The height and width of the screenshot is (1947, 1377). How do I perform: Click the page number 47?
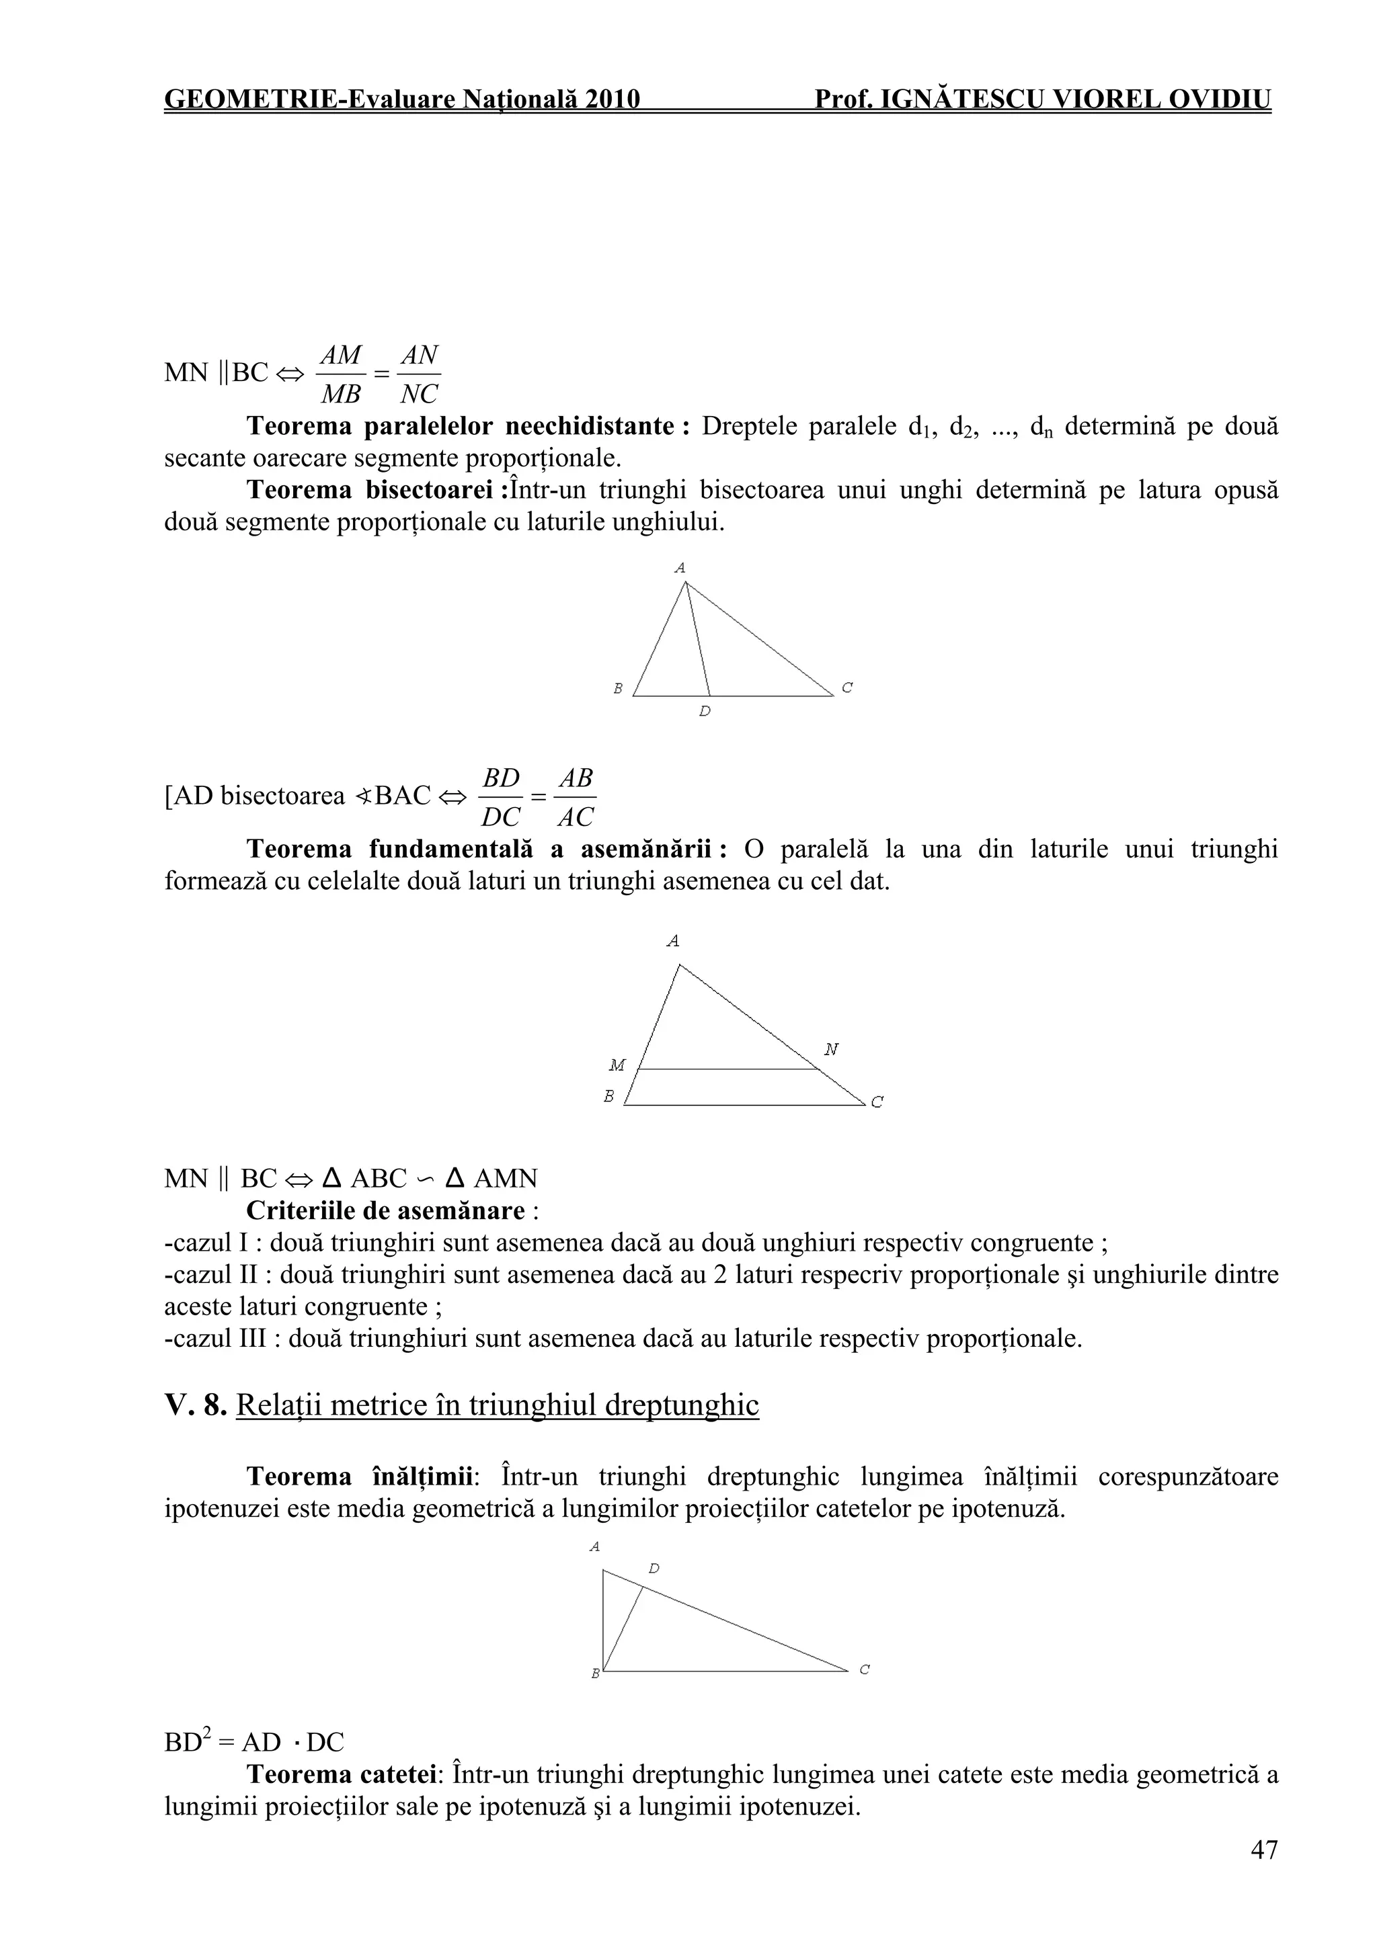point(1263,1850)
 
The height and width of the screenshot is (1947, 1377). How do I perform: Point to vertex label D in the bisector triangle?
point(704,712)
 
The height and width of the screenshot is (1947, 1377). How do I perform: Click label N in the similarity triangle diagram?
point(832,1050)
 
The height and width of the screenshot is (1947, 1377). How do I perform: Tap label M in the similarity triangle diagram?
point(617,1065)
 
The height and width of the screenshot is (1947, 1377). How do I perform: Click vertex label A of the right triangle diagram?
point(595,1546)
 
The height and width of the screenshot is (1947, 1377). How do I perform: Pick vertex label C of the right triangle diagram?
point(864,1669)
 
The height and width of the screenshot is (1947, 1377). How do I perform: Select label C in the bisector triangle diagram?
point(847,688)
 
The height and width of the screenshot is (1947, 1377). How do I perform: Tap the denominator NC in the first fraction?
point(419,395)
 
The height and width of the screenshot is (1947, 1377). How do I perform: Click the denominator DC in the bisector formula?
point(500,817)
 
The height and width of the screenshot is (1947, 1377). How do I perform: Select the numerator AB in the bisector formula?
point(576,778)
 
